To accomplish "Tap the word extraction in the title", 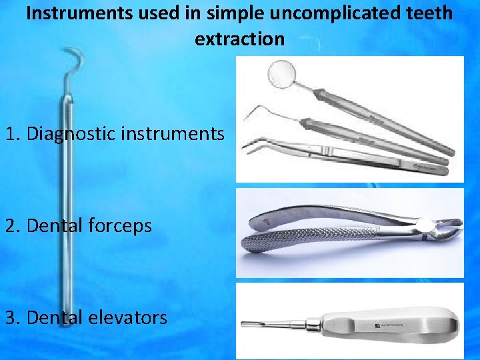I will [x=239, y=39].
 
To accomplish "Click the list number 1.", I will [x=10, y=134].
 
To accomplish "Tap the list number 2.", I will [x=10, y=226].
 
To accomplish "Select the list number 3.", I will [x=10, y=317].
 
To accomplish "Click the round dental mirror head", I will [x=280, y=72].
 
